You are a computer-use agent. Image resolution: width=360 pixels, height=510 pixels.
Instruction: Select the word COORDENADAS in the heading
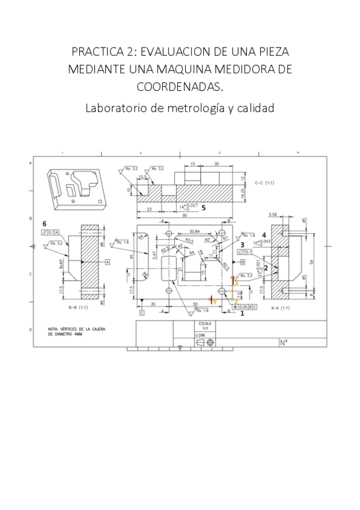(180, 87)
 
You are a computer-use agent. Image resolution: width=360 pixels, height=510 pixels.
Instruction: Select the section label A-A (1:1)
(280, 308)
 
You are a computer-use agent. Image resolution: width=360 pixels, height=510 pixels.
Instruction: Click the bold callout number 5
(204, 207)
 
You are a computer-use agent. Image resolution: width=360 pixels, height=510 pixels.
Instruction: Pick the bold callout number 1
(242, 313)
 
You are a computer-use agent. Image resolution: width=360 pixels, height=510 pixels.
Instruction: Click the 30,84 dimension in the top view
(194, 231)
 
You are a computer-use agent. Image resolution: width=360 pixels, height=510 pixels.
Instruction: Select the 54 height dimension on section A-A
(311, 262)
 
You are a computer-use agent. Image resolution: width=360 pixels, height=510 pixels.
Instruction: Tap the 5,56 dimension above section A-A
(273, 214)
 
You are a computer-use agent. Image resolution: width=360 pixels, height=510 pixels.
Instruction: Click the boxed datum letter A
(107, 262)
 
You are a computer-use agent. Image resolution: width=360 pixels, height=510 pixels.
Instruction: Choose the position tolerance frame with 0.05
(245, 306)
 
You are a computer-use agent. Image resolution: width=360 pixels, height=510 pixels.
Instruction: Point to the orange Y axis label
(213, 301)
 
